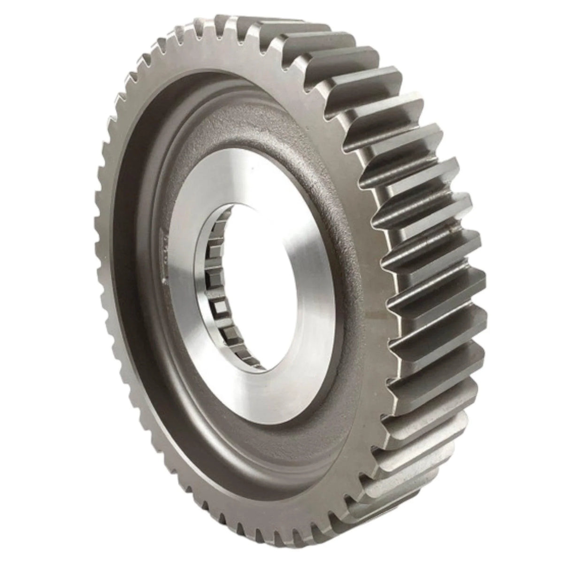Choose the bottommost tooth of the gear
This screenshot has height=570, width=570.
pos(300,547)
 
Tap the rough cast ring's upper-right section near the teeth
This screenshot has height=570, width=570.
pos(329,141)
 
